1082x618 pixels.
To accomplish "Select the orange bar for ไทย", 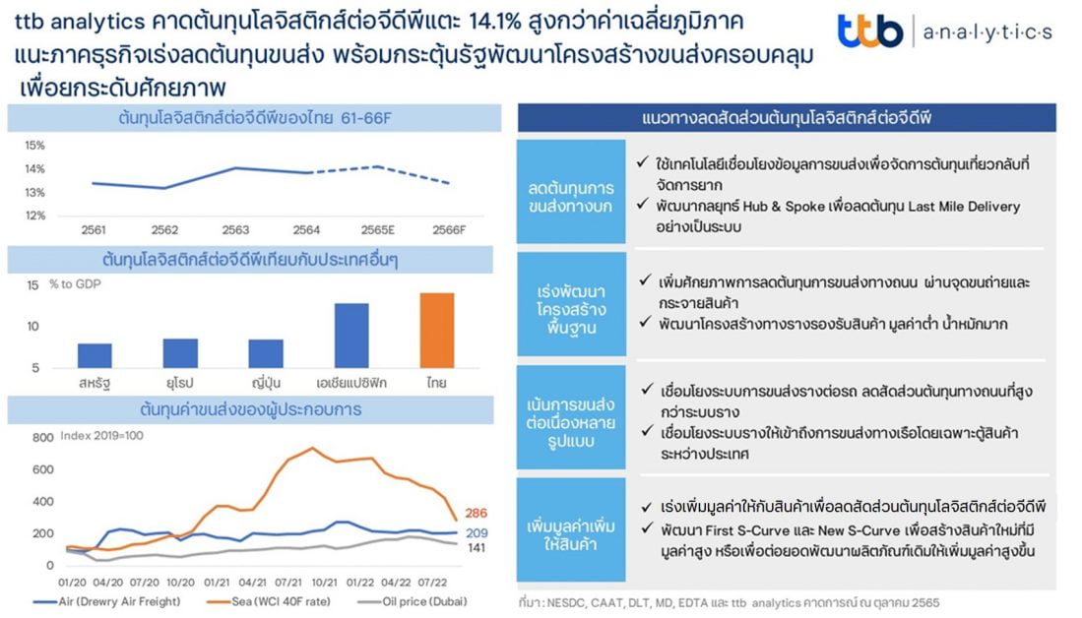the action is (x=437, y=331).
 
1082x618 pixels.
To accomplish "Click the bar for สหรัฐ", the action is (x=95, y=356).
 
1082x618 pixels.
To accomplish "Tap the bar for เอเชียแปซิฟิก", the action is (x=351, y=336).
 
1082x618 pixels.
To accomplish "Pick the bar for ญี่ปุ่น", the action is (x=266, y=353).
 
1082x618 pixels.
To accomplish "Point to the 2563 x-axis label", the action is (x=235, y=229).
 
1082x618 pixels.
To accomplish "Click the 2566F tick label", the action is (x=449, y=229).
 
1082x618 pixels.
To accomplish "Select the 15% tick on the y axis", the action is (x=35, y=146).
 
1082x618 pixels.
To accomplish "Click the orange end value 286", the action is (x=477, y=513).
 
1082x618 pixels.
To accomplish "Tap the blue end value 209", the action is (x=477, y=533).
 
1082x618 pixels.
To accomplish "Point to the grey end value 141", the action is (x=477, y=548).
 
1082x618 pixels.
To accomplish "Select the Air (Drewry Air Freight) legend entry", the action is (x=107, y=601).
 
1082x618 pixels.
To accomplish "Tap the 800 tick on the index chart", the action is (x=42, y=437).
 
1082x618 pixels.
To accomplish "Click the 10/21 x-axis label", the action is (x=324, y=583).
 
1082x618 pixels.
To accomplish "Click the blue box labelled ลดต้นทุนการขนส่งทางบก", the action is (x=571, y=192).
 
